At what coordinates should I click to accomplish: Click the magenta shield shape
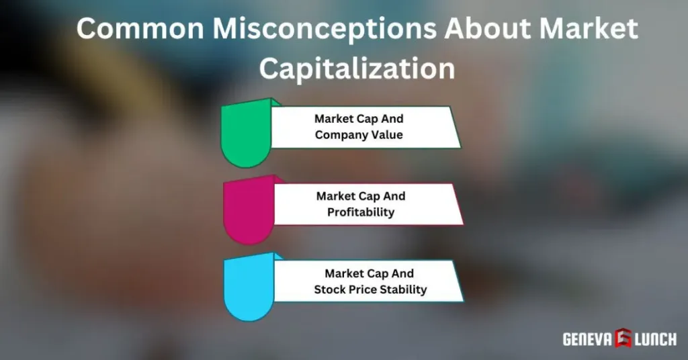point(247,212)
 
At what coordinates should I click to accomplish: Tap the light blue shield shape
point(247,289)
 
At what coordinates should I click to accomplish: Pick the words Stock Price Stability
point(370,290)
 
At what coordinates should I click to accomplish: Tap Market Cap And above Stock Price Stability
point(370,274)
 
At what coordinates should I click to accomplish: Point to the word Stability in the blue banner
point(405,290)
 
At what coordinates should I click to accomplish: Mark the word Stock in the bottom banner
point(329,290)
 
